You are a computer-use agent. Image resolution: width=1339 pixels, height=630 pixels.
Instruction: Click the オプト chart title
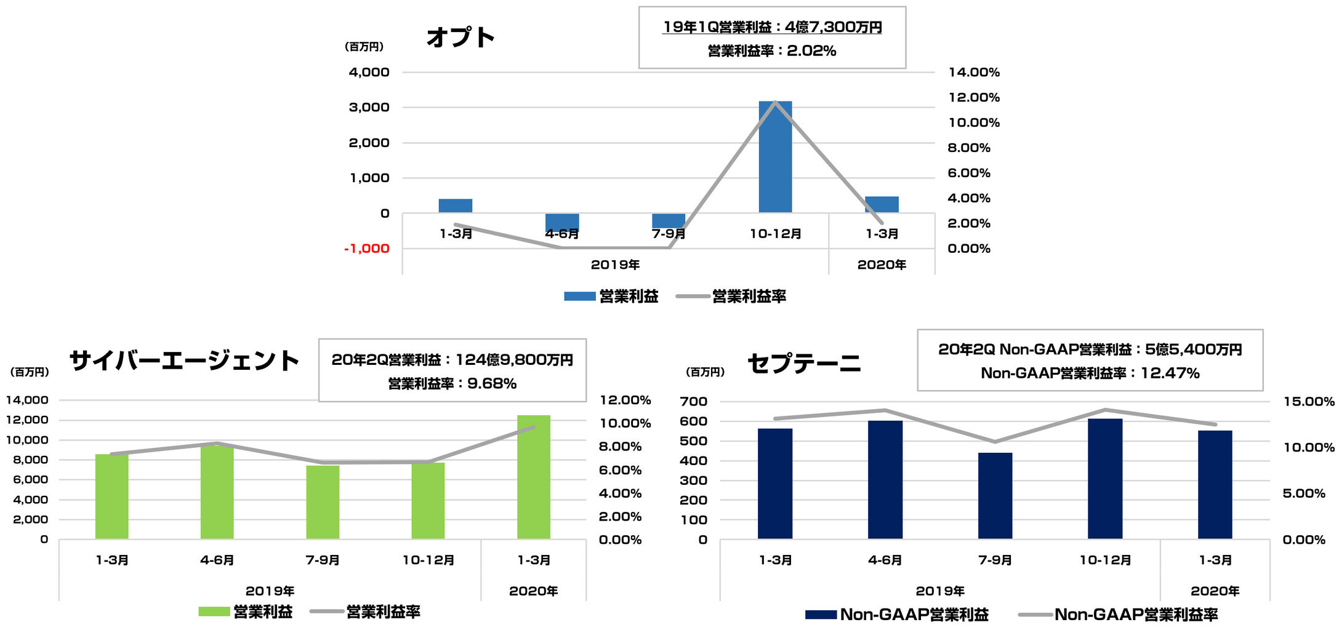[x=460, y=37]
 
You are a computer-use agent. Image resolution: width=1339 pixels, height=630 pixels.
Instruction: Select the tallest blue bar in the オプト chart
[x=775, y=157]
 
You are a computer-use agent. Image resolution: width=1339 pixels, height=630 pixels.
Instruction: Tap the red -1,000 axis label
[x=367, y=249]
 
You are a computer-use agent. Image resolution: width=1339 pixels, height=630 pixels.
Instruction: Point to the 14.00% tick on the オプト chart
[x=973, y=73]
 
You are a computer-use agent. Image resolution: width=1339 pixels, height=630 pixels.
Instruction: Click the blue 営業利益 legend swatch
[x=579, y=297]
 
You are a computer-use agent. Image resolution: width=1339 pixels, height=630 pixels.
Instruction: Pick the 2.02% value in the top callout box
[x=811, y=51]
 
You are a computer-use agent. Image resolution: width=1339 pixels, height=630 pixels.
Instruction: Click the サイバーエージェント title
[x=184, y=361]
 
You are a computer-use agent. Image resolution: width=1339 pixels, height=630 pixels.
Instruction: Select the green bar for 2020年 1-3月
[x=533, y=477]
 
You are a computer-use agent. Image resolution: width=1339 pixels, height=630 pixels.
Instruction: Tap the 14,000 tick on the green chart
[x=27, y=400]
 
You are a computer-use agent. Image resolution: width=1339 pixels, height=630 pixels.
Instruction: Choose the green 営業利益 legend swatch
[x=214, y=612]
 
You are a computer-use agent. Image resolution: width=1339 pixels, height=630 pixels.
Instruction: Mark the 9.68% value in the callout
[x=492, y=384]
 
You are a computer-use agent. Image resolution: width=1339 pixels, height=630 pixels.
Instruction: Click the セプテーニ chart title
[x=803, y=364]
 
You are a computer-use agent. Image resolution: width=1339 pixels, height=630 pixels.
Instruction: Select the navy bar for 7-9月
[x=995, y=495]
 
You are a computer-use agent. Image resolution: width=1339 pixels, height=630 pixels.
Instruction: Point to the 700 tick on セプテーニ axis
[x=693, y=402]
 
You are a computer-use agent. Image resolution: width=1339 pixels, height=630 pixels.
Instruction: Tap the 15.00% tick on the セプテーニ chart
[x=1308, y=402]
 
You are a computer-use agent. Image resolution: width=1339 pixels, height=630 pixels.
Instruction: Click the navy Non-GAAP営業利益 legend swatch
[x=821, y=615]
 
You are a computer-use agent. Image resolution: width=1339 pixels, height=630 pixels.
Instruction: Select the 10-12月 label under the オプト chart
[x=775, y=234]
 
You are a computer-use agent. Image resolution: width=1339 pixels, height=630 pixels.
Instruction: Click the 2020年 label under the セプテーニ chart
[x=1214, y=591]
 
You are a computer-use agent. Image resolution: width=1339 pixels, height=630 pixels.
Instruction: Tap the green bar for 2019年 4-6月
[x=217, y=492]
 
